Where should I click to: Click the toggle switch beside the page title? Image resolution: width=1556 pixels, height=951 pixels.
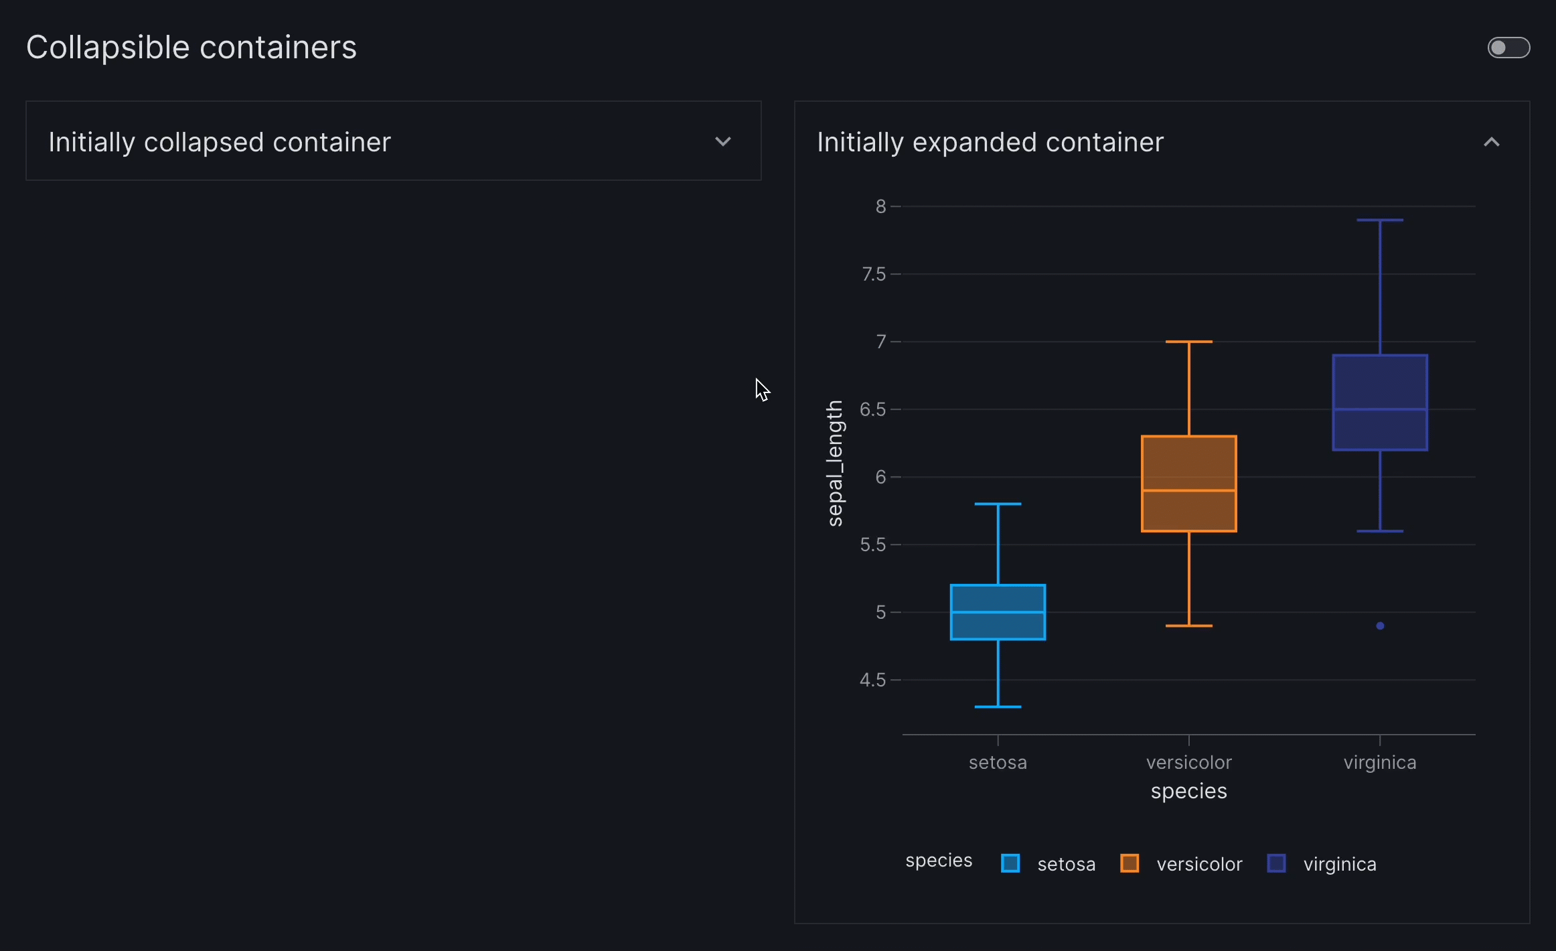[x=1508, y=48]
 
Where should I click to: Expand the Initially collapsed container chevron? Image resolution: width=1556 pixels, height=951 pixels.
[x=722, y=142]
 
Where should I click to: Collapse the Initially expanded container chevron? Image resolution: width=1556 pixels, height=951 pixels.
[x=1491, y=142]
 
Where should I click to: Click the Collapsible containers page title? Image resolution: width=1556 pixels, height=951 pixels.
[x=191, y=48]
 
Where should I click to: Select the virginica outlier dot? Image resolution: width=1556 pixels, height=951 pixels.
[x=1380, y=626]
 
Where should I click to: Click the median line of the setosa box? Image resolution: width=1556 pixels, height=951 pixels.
[x=998, y=612]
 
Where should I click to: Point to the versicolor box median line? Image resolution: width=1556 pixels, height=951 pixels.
[x=1188, y=491]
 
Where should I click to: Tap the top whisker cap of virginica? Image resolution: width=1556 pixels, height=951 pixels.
[x=1380, y=220]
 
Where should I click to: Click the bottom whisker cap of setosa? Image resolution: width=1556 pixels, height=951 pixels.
[x=998, y=707]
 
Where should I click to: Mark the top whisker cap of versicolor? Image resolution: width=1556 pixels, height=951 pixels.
[x=1188, y=342]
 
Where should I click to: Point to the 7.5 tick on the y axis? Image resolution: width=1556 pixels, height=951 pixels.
[x=874, y=274]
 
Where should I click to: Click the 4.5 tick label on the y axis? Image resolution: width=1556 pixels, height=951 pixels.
[x=872, y=680]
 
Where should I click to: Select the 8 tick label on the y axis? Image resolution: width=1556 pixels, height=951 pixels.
[x=880, y=206]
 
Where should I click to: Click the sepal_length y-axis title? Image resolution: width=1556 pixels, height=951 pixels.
[x=835, y=463]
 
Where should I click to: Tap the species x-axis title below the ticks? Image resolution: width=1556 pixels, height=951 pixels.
[x=1188, y=791]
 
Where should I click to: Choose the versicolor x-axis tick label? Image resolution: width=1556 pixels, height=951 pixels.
[x=1188, y=762]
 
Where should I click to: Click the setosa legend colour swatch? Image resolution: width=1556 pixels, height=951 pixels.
[x=1010, y=863]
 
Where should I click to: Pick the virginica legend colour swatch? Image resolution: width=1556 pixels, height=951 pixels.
[x=1276, y=863]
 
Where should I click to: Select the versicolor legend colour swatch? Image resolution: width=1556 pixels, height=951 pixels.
[x=1130, y=863]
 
